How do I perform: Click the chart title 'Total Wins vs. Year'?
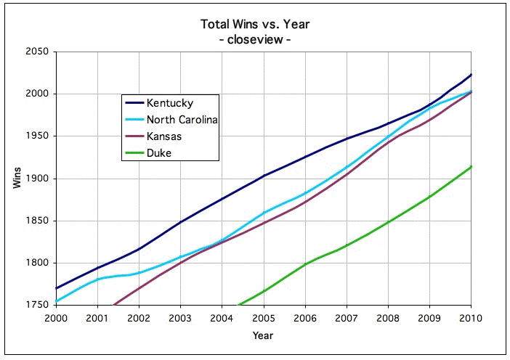(x=255, y=25)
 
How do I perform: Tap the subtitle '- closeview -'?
(x=255, y=39)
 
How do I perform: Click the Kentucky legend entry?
(x=169, y=102)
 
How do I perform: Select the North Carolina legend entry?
(x=182, y=119)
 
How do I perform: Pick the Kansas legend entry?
(x=163, y=135)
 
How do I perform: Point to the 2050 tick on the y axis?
(x=36, y=52)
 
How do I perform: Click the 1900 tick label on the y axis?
(x=36, y=179)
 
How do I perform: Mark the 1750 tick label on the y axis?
(x=36, y=306)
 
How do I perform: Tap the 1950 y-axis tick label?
(x=36, y=136)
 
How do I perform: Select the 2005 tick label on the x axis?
(x=263, y=319)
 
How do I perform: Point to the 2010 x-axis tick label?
(x=471, y=319)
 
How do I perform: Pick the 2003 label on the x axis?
(x=179, y=319)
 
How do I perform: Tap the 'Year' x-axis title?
(x=263, y=335)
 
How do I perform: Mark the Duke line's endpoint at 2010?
(x=471, y=167)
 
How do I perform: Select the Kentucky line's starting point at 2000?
(x=55, y=289)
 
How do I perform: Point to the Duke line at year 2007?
(x=347, y=245)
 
